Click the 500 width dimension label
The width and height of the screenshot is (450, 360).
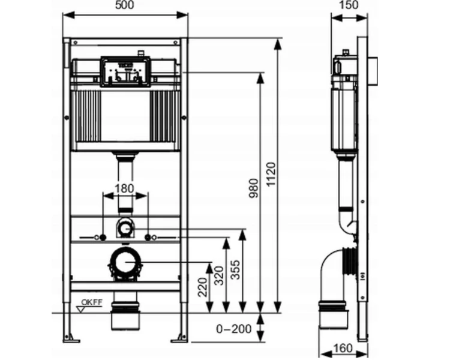(125, 5)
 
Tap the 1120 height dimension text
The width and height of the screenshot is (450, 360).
(271, 174)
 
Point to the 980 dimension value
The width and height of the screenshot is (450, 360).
(253, 188)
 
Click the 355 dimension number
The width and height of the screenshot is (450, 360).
(236, 269)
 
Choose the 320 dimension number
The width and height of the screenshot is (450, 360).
(219, 275)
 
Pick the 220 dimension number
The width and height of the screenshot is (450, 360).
(203, 287)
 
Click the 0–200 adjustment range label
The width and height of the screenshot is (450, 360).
(234, 329)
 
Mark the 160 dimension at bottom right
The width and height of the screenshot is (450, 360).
(343, 348)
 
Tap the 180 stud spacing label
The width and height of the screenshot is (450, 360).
(124, 188)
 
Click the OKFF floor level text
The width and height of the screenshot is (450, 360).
(92, 302)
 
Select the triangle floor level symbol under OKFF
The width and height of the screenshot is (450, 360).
(81, 310)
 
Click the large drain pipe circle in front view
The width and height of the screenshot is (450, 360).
(125, 263)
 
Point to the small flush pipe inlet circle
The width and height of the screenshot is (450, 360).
(124, 229)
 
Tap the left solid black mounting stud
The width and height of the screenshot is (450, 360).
(103, 238)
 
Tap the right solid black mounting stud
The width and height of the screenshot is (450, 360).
(148, 238)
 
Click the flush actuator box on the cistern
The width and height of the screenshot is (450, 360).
(125, 71)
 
